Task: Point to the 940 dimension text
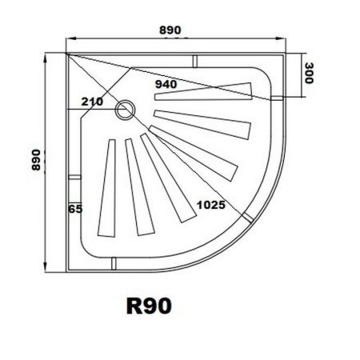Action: pyautogui.click(x=167, y=82)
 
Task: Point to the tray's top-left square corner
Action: pyautogui.click(x=67, y=54)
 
